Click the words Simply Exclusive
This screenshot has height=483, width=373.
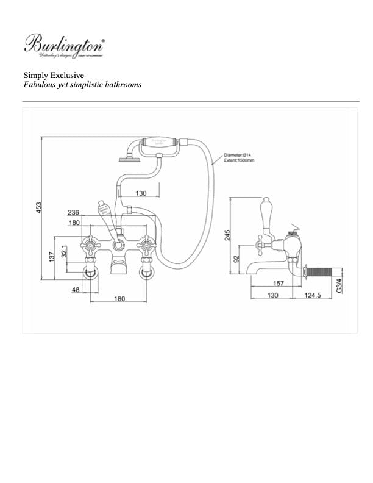[54, 75]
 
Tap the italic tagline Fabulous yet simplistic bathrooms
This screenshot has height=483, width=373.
[82, 85]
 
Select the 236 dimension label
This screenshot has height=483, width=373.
[73, 213]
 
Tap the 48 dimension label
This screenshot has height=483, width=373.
[76, 290]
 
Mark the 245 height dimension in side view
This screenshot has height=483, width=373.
[227, 235]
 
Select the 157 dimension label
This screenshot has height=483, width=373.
[278, 282]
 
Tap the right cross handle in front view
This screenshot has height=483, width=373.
[147, 246]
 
